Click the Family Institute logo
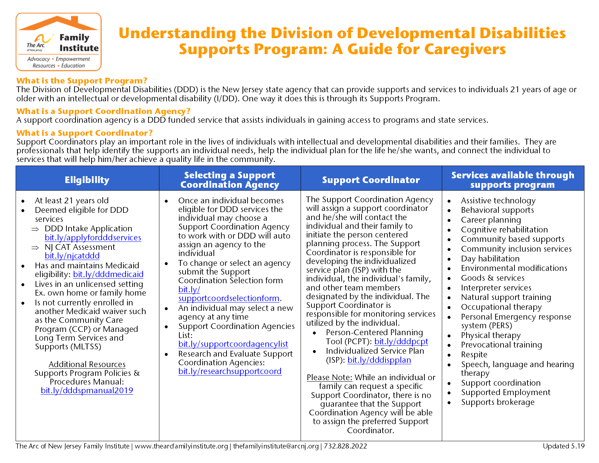(x=58, y=42)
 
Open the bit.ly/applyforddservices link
(x=93, y=237)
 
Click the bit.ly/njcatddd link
(x=72, y=256)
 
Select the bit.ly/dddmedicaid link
(x=108, y=274)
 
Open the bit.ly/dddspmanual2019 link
(x=87, y=390)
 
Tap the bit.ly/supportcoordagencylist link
(x=233, y=344)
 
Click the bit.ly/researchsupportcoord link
(x=230, y=371)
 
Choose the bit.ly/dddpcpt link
(x=401, y=341)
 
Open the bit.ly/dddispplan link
(x=379, y=360)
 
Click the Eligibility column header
(x=87, y=180)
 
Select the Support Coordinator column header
(x=371, y=180)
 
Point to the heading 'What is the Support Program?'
(x=82, y=81)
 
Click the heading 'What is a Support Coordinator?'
(x=84, y=133)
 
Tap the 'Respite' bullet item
(x=474, y=354)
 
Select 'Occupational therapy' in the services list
(x=501, y=307)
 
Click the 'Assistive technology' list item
(x=498, y=200)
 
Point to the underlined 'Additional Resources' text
(x=87, y=364)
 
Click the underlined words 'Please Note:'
(x=329, y=377)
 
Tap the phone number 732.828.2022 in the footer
(x=345, y=446)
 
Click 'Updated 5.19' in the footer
(x=563, y=446)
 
